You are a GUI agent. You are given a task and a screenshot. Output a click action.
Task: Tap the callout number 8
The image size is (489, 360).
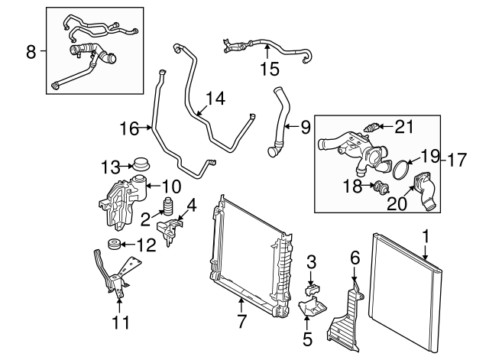31,52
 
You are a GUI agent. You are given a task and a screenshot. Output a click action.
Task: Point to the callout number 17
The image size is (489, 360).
456,161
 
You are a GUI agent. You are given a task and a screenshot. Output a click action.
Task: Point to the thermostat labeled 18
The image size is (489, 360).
379,189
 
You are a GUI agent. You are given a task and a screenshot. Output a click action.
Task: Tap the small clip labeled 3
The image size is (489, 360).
312,288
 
